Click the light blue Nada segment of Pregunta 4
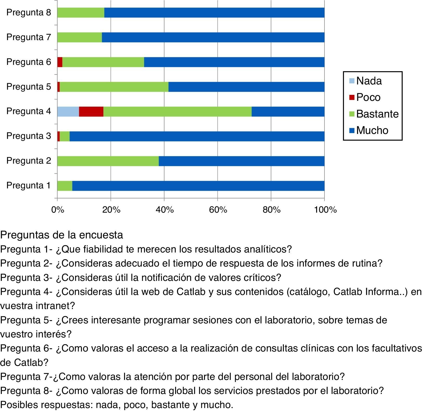tap(68, 112)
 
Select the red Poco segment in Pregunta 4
tap(91, 112)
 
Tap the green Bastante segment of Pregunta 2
tap(108, 161)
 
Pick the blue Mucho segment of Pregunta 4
tap(288, 112)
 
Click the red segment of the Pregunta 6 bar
tap(60, 62)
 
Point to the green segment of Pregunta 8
tap(81, 13)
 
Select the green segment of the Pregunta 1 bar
tap(65, 186)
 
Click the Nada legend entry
tap(369, 81)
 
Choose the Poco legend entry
tap(368, 97)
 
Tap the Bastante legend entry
tap(377, 114)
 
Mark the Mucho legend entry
tap(372, 130)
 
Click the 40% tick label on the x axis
tap(165, 210)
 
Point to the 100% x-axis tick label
tap(325, 210)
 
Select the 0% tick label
tap(58, 210)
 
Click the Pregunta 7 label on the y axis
tap(29, 37)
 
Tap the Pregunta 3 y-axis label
tap(29, 136)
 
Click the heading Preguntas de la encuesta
tap(62, 235)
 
